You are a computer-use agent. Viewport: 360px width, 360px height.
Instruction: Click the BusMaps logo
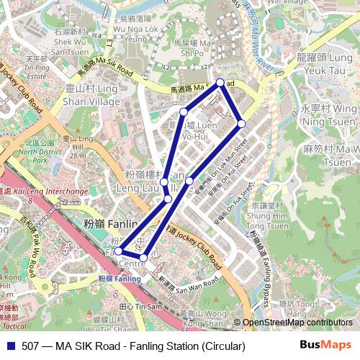pos(326,346)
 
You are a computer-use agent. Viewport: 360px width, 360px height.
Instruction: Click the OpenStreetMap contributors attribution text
pos(297,323)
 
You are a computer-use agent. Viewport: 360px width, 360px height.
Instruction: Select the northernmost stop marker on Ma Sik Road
pos(220,82)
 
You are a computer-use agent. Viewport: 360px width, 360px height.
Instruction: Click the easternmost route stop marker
pos(242,124)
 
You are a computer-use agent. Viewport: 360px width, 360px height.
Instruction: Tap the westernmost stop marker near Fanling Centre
pos(119,251)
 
